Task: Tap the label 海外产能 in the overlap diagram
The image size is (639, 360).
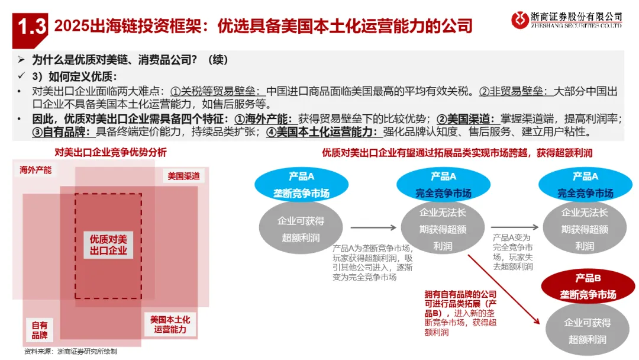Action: click(35, 170)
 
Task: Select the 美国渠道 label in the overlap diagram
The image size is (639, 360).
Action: click(183, 176)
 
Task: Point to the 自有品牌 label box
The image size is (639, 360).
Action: click(40, 330)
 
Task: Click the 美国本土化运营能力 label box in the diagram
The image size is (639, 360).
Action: click(170, 324)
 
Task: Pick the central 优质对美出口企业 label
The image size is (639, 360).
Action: click(108, 245)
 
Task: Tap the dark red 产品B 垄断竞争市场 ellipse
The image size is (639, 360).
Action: click(588, 287)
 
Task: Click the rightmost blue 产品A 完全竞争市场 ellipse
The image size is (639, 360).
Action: click(585, 185)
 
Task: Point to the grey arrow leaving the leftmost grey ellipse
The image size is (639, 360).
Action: click(373, 227)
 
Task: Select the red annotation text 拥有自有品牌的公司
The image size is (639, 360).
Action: click(460, 294)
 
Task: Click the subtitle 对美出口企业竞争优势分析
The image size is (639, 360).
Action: click(111, 152)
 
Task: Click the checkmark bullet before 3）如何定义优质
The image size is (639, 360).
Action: click(21, 76)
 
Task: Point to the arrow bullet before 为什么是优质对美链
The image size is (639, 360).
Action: click(21, 60)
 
